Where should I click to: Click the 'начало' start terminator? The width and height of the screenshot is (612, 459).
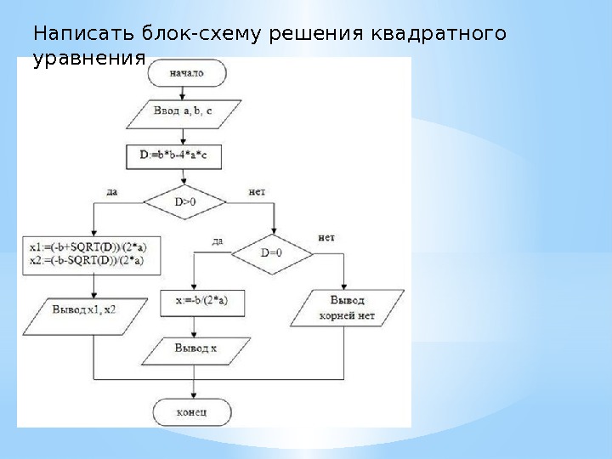tap(187, 73)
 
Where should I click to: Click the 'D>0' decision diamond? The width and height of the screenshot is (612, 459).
tap(185, 202)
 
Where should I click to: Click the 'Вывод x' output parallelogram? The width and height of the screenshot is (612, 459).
tap(197, 348)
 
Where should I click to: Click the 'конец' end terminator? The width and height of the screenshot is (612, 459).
tap(193, 413)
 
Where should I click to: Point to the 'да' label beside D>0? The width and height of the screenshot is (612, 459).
tap(112, 193)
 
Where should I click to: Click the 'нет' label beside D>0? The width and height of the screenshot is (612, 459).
tap(256, 193)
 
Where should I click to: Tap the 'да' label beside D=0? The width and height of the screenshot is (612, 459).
tap(218, 241)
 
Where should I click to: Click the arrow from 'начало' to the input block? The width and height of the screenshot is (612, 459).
tap(187, 93)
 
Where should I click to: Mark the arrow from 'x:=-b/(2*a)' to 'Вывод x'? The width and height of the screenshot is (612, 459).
tap(195, 326)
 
